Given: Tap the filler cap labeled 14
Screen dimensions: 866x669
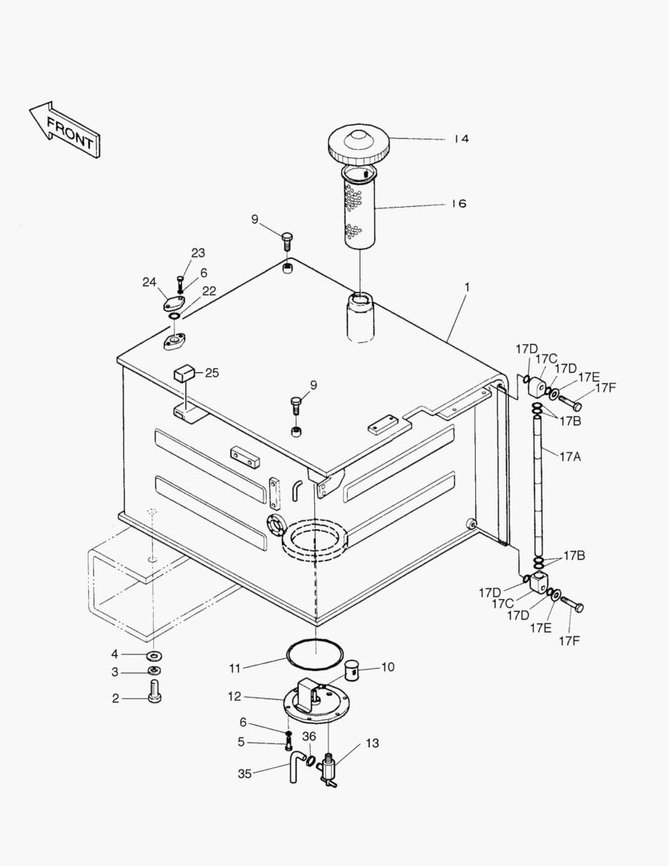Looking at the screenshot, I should (358, 144).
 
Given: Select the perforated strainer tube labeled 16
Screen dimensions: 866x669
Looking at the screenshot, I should (359, 208).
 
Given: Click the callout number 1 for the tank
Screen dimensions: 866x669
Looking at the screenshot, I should (467, 287).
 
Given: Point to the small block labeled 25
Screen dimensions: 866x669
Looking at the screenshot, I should (186, 373).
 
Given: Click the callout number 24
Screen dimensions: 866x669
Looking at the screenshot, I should (149, 281).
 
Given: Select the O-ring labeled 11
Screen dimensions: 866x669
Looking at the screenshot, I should (315, 654).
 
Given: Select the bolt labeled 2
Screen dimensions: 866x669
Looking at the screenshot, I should (155, 691).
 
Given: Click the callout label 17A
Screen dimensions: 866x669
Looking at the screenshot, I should (570, 456).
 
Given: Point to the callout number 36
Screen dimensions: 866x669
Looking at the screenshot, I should (309, 737).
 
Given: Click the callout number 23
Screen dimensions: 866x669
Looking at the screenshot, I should (197, 253).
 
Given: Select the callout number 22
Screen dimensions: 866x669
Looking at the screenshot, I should (208, 291).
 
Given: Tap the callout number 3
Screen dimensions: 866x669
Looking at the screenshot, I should (115, 672).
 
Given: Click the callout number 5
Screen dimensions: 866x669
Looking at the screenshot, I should (240, 742).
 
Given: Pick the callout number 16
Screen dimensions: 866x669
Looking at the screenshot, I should (458, 204).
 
